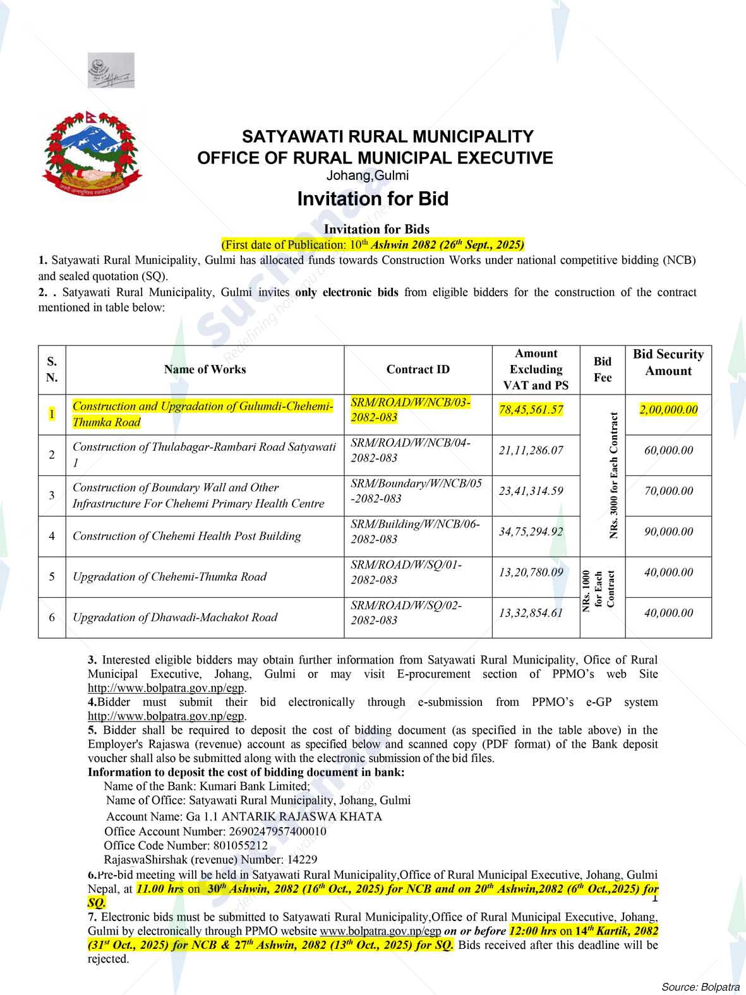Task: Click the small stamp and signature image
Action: (x=111, y=71)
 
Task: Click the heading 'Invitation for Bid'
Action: (x=373, y=199)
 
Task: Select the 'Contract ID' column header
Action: (x=418, y=369)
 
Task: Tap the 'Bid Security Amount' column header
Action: (x=668, y=362)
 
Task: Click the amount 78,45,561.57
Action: (x=531, y=410)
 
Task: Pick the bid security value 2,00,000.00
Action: (x=668, y=410)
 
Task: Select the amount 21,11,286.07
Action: (x=531, y=450)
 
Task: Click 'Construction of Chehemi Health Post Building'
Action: (x=186, y=536)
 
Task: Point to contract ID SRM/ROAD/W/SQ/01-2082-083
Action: (x=406, y=572)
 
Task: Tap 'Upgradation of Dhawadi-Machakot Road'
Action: (x=175, y=617)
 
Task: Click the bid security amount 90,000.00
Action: (x=668, y=532)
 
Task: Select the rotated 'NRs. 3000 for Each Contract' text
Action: (x=613, y=475)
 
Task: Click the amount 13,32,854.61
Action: (x=531, y=613)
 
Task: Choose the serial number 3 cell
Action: (x=52, y=495)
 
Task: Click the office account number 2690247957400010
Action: (x=278, y=831)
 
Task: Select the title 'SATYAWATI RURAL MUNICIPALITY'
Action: (x=388, y=136)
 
